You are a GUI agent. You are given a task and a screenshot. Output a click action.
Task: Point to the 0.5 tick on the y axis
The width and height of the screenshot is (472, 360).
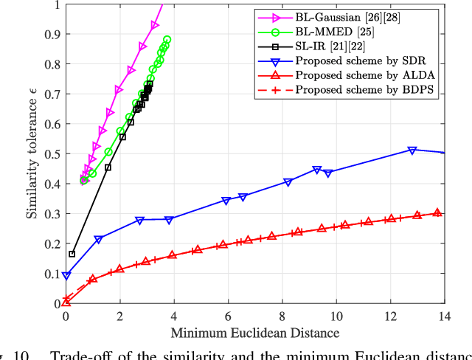51,153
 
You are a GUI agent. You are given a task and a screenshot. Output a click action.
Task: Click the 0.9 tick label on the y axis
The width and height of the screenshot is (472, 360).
51,34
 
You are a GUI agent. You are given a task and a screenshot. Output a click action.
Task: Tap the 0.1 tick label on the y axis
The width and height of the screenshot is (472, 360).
51,274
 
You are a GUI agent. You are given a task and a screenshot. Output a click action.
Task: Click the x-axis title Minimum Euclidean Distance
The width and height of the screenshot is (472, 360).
255,332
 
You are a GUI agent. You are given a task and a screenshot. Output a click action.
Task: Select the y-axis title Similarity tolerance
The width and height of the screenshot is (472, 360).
32,155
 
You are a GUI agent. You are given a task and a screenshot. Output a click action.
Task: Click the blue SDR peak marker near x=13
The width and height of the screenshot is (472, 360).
412,150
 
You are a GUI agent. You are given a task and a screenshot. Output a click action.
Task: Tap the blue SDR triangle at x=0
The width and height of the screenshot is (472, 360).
66,276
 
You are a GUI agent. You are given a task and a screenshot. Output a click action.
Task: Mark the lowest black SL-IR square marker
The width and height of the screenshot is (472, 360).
72,254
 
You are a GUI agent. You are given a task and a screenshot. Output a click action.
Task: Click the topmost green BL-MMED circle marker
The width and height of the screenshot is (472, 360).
167,40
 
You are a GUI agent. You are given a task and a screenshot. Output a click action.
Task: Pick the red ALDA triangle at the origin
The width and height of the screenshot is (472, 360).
66,301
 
